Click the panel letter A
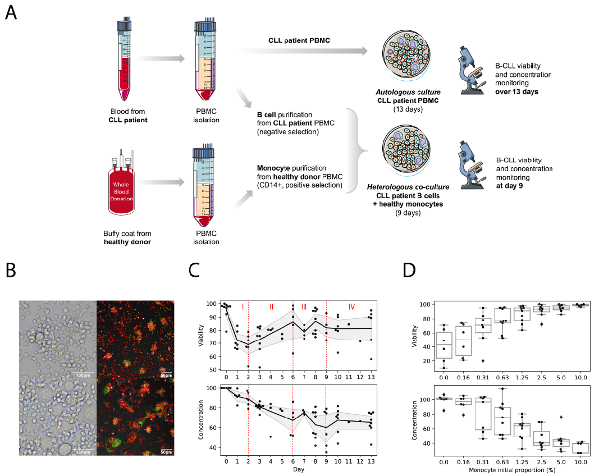point(11,12)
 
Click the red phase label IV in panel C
point(351,307)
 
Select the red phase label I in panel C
point(243,307)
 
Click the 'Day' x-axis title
point(299,469)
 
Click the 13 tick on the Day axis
point(371,461)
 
